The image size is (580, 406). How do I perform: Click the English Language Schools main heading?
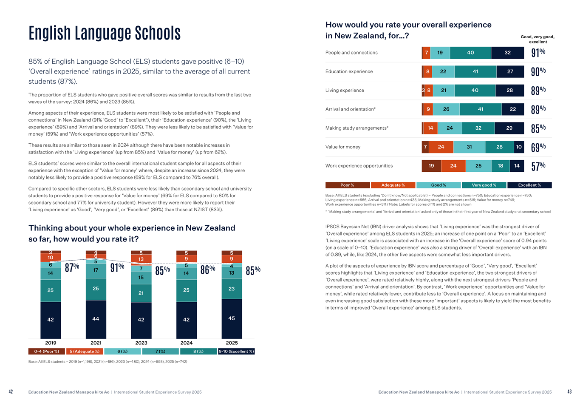[x=105, y=33]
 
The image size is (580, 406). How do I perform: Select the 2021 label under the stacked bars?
[x=96, y=343]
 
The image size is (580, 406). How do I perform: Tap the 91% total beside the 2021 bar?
[x=117, y=267]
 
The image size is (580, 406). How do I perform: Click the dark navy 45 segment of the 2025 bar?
[x=232, y=318]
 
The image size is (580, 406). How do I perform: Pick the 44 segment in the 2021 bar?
[x=96, y=319]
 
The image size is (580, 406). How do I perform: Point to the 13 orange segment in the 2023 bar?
[x=141, y=259]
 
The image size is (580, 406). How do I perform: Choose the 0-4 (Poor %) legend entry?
[x=47, y=352]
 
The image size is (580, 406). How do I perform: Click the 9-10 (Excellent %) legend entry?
[x=236, y=352]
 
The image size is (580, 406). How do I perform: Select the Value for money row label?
[x=343, y=147]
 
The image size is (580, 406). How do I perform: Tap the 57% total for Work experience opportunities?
[x=538, y=166]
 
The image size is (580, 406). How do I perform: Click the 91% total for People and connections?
[x=538, y=53]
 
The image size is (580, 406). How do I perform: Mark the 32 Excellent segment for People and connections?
[x=508, y=53]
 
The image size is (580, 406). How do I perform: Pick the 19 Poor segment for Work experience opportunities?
[x=431, y=166]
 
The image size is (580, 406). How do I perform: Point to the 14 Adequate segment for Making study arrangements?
[x=430, y=128]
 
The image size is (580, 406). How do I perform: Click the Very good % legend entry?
[x=484, y=185]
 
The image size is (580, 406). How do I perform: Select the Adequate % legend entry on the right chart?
[x=393, y=185]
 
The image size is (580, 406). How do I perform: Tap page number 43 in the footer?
[x=569, y=392]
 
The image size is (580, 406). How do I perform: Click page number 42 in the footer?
[x=11, y=392]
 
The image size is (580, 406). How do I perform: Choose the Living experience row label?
[x=345, y=91]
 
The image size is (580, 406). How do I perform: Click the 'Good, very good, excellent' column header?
[x=538, y=39]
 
